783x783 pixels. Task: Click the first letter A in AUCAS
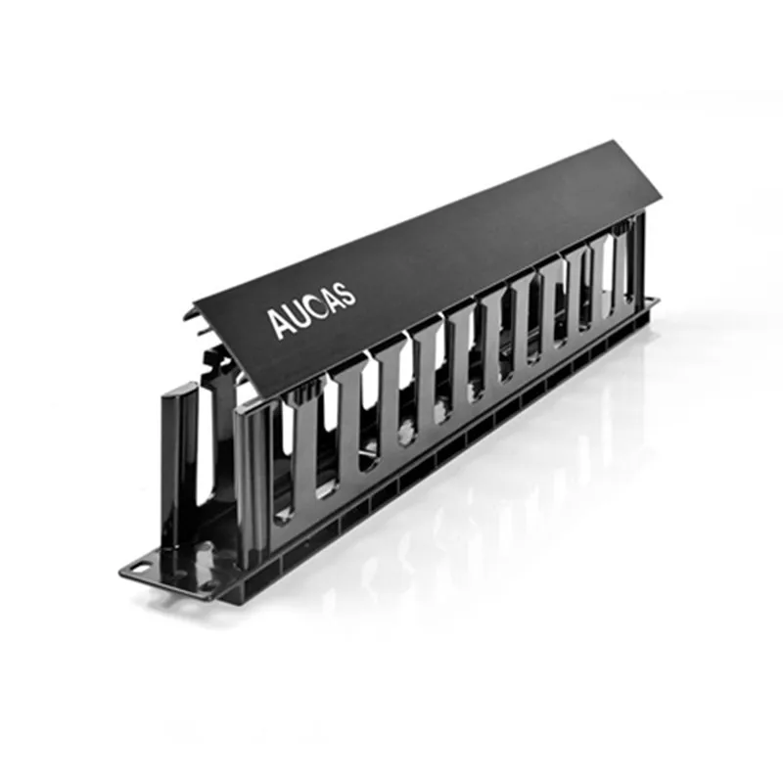279,322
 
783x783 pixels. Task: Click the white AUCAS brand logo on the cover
313,306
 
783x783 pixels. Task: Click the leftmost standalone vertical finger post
180,460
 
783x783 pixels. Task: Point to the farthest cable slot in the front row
609,269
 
